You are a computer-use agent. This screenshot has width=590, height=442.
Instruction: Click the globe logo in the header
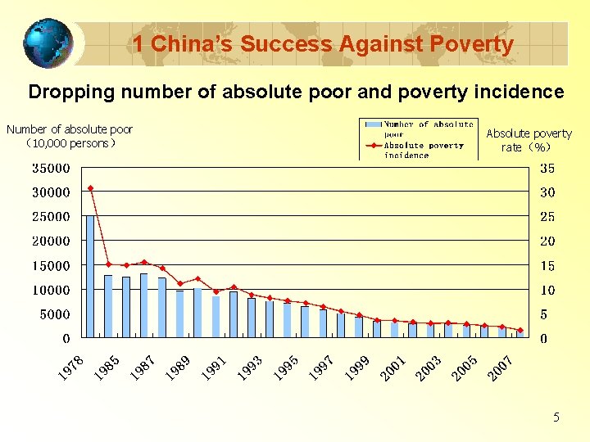tap(48, 43)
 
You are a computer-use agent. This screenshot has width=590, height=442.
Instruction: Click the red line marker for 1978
tap(91, 188)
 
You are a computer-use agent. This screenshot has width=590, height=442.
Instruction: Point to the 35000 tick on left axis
tap(51, 169)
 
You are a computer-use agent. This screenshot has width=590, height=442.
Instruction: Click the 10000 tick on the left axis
tap(51, 291)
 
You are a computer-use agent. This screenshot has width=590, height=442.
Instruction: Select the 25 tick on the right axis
tap(547, 217)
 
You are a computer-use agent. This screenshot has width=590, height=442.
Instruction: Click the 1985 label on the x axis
tap(107, 368)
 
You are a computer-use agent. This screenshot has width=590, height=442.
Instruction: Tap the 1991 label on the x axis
tap(214, 368)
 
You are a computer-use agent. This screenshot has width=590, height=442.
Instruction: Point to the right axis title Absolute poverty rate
tap(529, 140)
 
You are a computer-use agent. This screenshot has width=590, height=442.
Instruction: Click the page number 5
tap(556, 417)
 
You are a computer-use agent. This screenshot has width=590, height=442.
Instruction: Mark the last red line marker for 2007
tap(520, 330)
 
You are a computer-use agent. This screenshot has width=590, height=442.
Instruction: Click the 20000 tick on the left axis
tap(51, 241)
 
